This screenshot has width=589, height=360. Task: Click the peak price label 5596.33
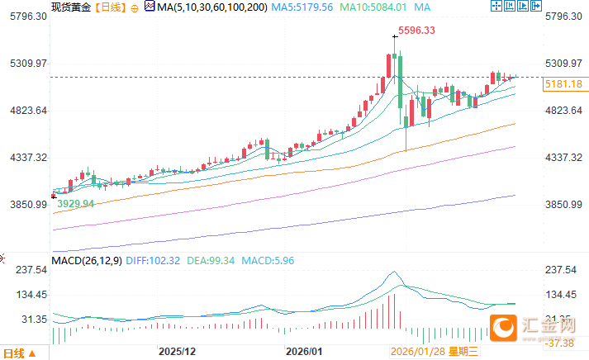pos(416,31)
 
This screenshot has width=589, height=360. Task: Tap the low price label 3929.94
pos(76,203)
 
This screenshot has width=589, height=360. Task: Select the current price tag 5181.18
pos(563,84)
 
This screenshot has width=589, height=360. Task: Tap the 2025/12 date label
pos(178,352)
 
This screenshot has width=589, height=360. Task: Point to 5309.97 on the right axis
pos(565,64)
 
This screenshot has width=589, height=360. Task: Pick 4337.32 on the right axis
pos(565,158)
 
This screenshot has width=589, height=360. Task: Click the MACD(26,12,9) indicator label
pos(85,261)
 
